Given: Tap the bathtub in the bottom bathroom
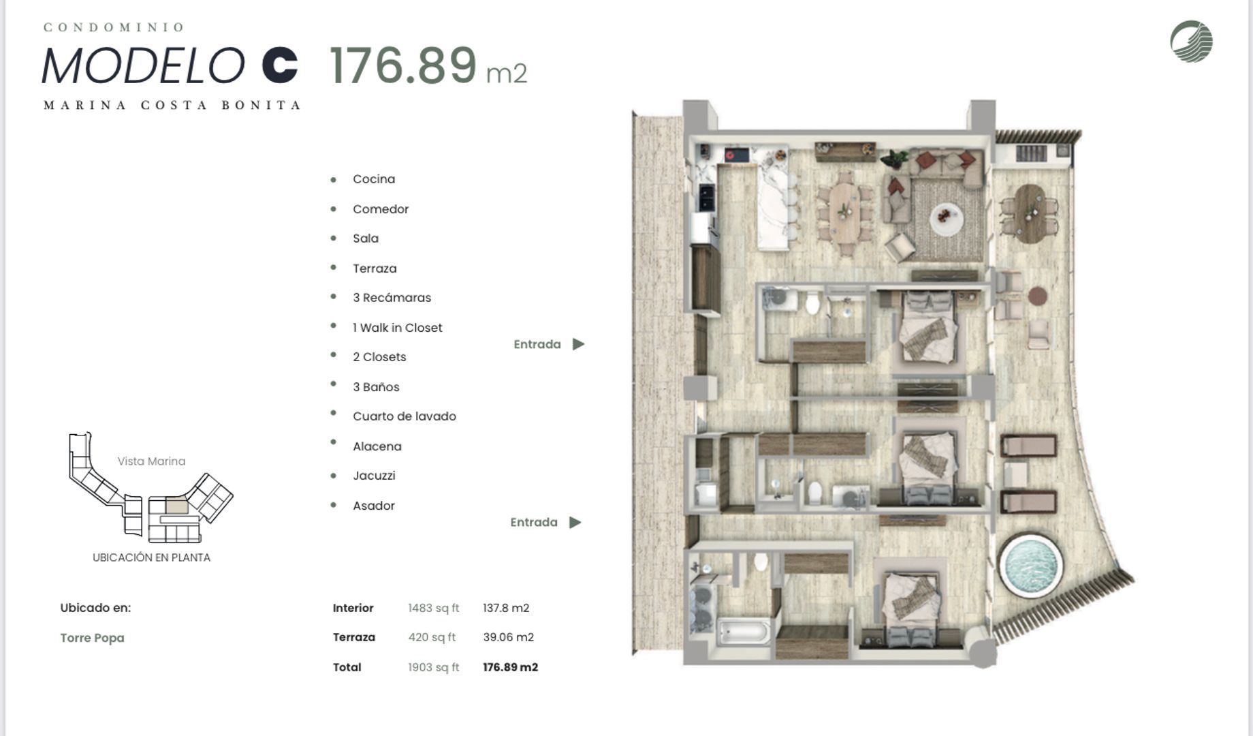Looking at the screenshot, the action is pos(744,631).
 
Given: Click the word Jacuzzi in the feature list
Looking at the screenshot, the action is pos(374,476).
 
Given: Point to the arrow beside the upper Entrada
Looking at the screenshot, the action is pos(578,344).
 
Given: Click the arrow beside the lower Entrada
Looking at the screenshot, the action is pos(575,522).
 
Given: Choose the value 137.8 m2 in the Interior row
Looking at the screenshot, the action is pos(506,608).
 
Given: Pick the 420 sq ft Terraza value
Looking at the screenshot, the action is pos(432,637).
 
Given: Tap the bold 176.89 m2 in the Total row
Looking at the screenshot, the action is pos(510,667).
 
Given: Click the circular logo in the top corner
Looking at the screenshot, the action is pos(1191,41).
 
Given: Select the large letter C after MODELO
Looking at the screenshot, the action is pos(280,65).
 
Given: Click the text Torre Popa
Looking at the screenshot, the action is pos(92,638).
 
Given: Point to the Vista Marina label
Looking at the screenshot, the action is pos(151,461).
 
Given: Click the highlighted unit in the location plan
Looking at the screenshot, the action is pos(176,506).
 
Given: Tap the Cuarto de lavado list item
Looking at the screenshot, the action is pos(405,416).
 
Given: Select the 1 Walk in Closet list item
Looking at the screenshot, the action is pos(397,328).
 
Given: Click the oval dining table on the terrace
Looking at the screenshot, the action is pos(1029,213).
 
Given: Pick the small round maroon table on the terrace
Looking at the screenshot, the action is pos(1037,296).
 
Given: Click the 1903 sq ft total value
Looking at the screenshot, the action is pos(433,667).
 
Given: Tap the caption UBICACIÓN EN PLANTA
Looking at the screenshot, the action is pos(151,557).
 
